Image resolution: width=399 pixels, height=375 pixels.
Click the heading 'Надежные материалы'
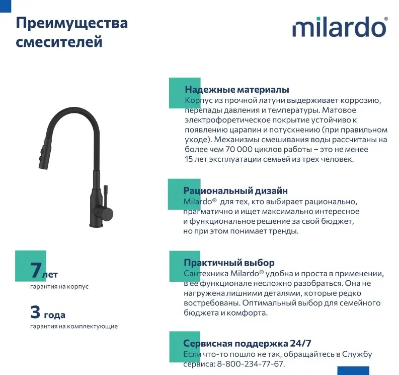(x=236, y=90)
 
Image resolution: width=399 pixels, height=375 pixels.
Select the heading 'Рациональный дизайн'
(x=235, y=191)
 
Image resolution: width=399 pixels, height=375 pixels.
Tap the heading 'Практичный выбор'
(x=229, y=263)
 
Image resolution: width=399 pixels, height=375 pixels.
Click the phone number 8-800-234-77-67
(x=250, y=364)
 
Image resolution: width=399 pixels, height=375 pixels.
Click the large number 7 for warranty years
(x=36, y=271)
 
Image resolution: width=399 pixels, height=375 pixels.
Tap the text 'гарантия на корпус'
(x=59, y=286)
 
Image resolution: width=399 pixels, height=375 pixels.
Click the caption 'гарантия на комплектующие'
(x=73, y=326)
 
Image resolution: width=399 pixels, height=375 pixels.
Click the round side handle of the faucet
(x=107, y=214)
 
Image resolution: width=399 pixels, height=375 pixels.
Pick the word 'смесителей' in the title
(x=59, y=41)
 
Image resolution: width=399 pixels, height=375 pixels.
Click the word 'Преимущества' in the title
(x=71, y=23)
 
